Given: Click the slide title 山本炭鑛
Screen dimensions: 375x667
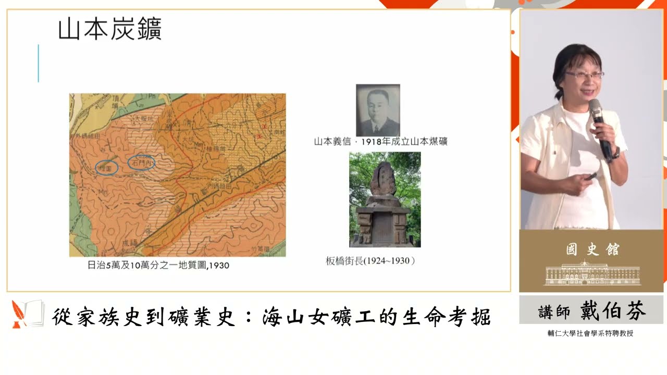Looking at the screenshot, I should (110, 30).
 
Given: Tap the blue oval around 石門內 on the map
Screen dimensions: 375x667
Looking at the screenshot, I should (141, 163).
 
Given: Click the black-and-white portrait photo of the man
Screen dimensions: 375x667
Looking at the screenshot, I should (378, 110).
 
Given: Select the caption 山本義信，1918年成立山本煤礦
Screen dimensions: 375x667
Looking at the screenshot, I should (380, 141).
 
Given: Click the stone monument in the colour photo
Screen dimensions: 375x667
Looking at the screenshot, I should (385, 203).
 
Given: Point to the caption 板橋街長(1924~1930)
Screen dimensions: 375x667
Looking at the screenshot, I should (370, 261).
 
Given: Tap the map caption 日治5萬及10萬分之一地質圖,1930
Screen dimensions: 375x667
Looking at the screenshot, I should (158, 265).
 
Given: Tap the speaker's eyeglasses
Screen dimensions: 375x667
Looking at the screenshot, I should (584, 75).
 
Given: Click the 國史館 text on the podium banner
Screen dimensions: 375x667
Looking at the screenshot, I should (592, 249).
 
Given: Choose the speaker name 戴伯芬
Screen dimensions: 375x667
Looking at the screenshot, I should (613, 311).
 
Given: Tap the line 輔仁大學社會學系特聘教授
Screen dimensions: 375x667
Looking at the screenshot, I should (591, 333).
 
